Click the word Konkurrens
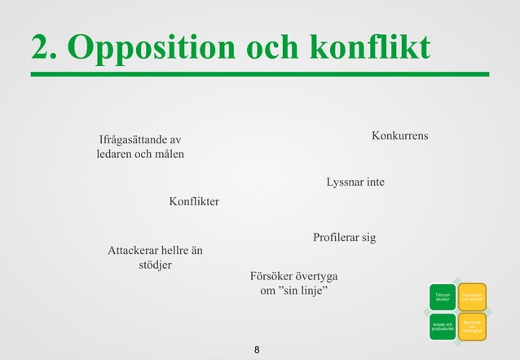(x=399, y=134)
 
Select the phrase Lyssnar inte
(x=355, y=182)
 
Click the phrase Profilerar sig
(x=344, y=238)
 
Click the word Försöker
(x=271, y=275)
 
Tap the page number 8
(x=258, y=350)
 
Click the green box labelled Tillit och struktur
(x=443, y=297)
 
